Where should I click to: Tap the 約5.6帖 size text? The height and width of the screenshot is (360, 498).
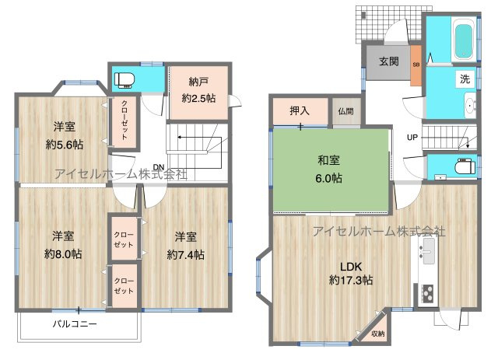[65, 145]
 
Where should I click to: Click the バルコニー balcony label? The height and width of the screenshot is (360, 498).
[75, 323]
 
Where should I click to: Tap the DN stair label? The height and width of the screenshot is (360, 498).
[158, 167]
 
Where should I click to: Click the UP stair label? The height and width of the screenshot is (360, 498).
[412, 138]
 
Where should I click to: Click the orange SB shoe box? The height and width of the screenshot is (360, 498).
[416, 64]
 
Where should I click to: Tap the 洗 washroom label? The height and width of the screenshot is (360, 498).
[464, 79]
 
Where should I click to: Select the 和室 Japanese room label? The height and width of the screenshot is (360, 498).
[328, 161]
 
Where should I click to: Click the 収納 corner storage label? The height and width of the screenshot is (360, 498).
[377, 334]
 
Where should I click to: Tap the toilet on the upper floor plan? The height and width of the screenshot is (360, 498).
[125, 78]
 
